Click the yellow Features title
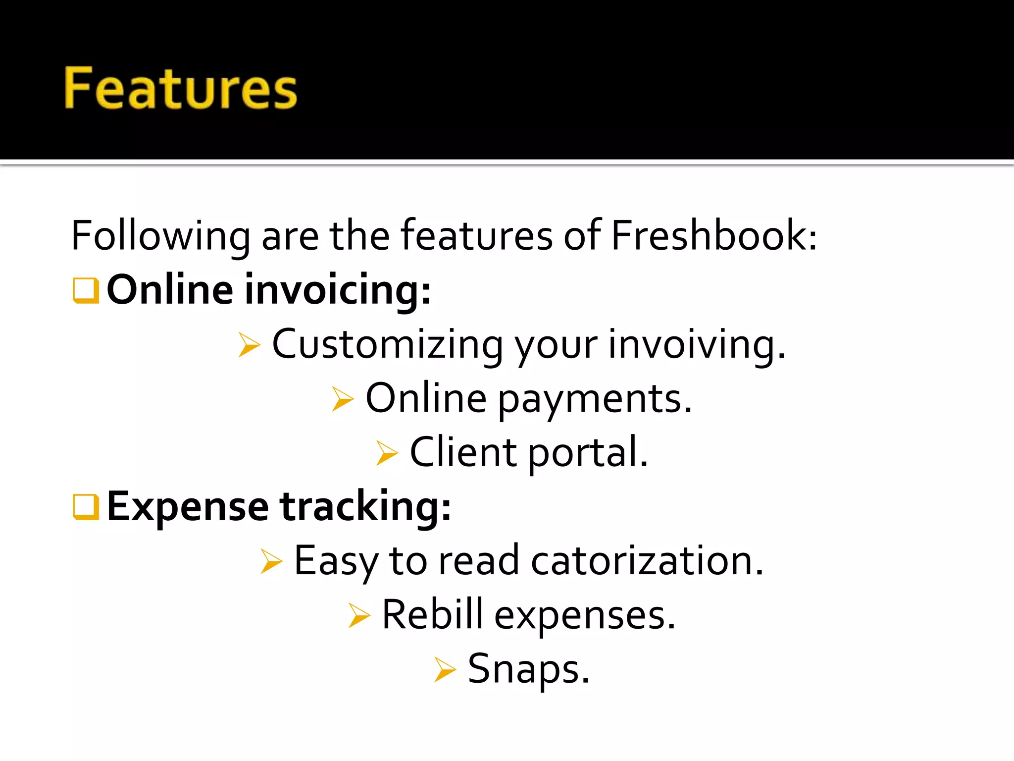pos(181,88)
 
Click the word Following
pos(160,237)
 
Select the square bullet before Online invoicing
pos(86,290)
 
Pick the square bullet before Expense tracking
pos(86,507)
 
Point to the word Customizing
pos(387,345)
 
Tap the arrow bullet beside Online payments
pos(343,399)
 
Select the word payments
pos(594,399)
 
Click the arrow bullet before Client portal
pos(387,453)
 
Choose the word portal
pos(588,453)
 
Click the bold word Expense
pos(188,507)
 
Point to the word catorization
pos(647,561)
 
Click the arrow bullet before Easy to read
pos(271,561)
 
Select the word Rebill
pos(432,615)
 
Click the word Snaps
pos(528,669)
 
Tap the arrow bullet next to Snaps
pos(445,669)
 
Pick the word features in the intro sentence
pos(476,236)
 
